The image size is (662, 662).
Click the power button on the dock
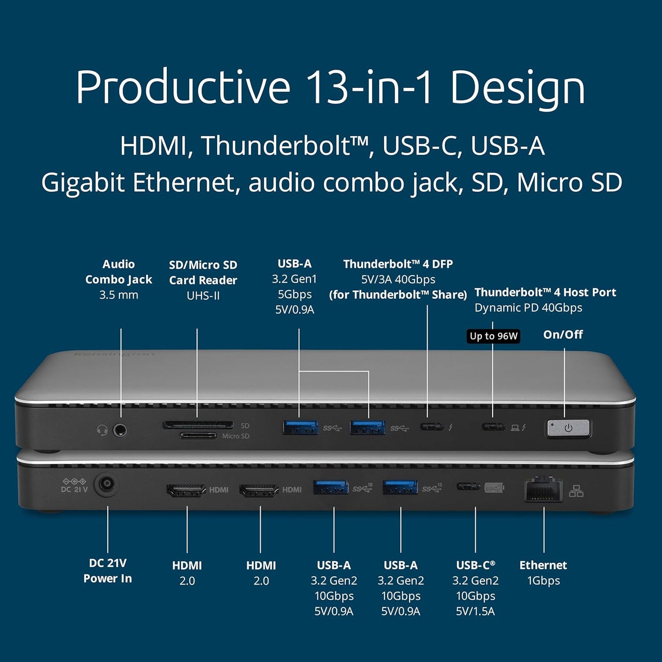pyautogui.click(x=568, y=428)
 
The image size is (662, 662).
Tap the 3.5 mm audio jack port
pyautogui.click(x=120, y=430)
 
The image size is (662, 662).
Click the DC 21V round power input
pyautogui.click(x=106, y=485)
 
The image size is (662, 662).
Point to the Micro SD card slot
pyautogui.click(x=198, y=435)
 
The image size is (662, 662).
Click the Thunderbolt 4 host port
pyautogui.click(x=493, y=427)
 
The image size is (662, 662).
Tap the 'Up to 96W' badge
pyautogui.click(x=493, y=336)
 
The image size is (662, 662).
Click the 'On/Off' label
pyautogui.click(x=563, y=335)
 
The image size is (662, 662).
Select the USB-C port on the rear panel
pyautogui.click(x=468, y=487)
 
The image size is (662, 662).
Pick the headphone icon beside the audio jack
pyautogui.click(x=102, y=430)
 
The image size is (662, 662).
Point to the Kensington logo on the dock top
pyautogui.click(x=114, y=354)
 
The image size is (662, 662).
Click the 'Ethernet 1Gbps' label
pyautogui.click(x=543, y=573)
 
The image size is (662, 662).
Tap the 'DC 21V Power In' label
pyautogui.click(x=108, y=571)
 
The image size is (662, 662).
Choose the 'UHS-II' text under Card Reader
pyautogui.click(x=203, y=296)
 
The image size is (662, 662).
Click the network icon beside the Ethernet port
pyautogui.click(x=576, y=491)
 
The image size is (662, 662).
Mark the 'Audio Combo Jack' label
pyautogui.click(x=119, y=272)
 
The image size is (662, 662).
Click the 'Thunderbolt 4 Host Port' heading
pyautogui.click(x=545, y=292)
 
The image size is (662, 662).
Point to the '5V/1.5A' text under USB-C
pyautogui.click(x=475, y=611)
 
